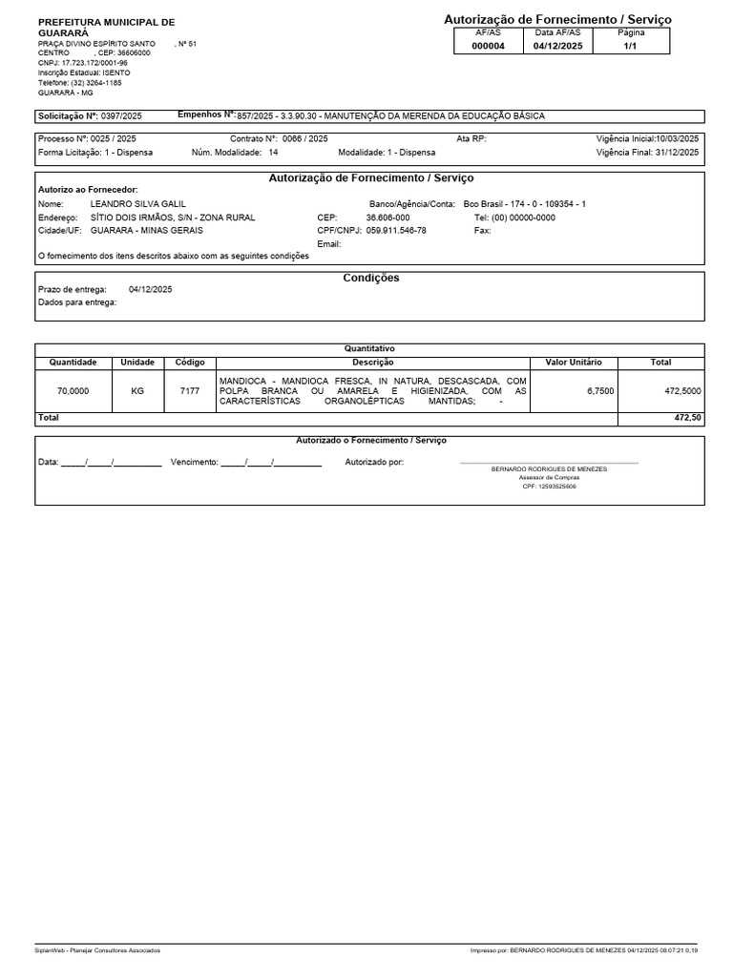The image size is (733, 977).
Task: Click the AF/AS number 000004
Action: coord(488,46)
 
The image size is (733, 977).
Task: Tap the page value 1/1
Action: coord(631,46)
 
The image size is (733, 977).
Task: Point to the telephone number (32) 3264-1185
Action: coord(96,83)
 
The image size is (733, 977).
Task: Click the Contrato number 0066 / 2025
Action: coord(304,138)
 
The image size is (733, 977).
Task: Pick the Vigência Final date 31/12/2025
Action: coord(677,152)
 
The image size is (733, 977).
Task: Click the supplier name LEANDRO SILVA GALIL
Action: coord(137,204)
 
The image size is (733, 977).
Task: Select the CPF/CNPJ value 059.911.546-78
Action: coord(396,231)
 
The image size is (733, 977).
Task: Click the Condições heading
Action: coord(370,278)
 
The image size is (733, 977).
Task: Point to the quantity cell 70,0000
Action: coord(73,391)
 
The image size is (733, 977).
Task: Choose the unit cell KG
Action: coord(137,391)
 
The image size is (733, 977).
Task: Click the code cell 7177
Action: coord(189,391)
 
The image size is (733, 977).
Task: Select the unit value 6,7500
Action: coord(599,391)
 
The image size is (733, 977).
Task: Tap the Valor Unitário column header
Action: coord(573,363)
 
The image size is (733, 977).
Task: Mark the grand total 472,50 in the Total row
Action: coord(686,418)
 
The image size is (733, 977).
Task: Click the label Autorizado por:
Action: coord(374,462)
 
